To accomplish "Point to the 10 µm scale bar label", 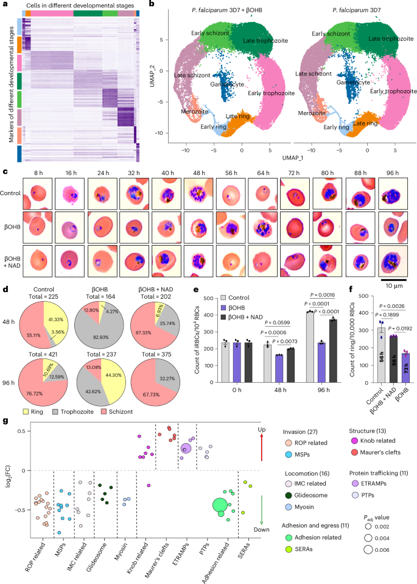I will (x=393, y=285).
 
